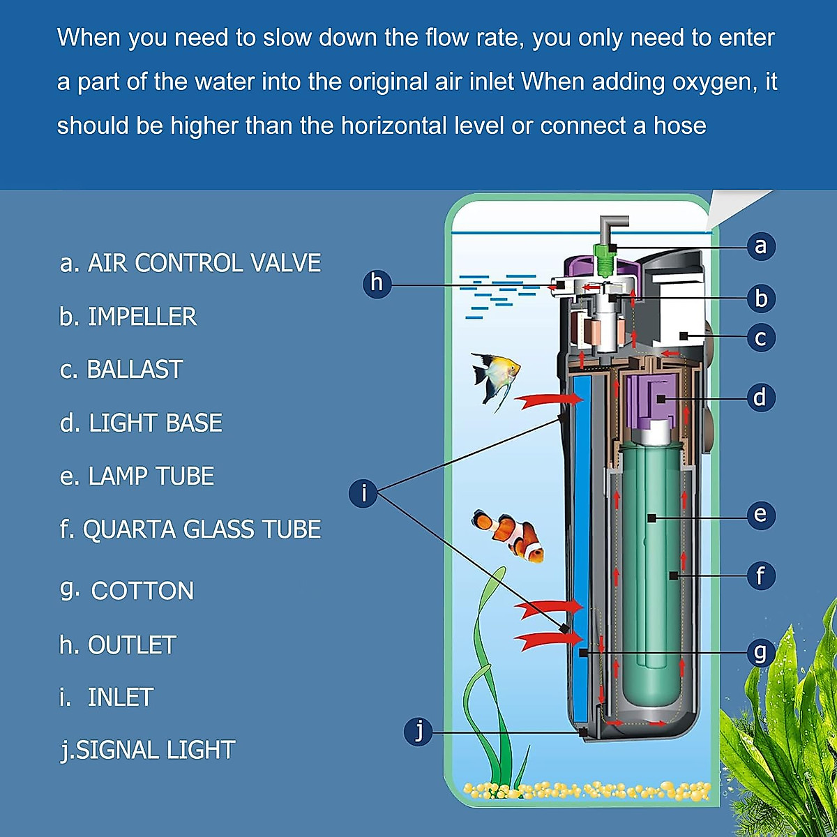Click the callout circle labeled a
click(x=760, y=246)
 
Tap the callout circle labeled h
click(x=377, y=283)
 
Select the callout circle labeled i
click(x=363, y=493)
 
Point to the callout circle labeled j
click(x=418, y=731)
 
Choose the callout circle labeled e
click(x=760, y=515)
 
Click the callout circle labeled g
click(x=760, y=653)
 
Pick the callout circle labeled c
click(x=760, y=338)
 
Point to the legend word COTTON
click(x=142, y=591)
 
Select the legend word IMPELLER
click(x=142, y=317)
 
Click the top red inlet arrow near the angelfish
click(x=548, y=400)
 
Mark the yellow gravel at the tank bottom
click(x=586, y=790)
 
